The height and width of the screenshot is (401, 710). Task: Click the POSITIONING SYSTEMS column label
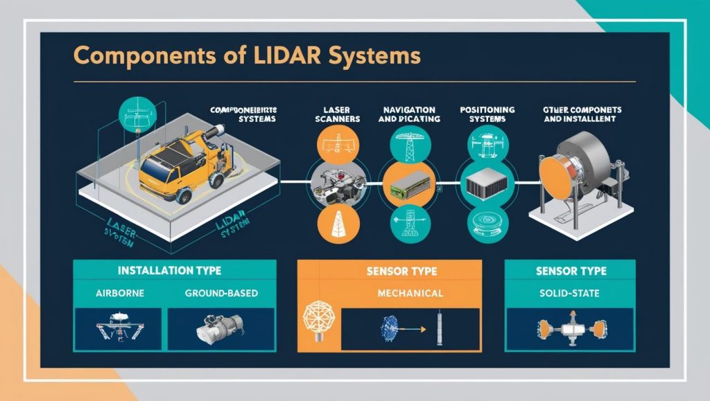(x=487, y=114)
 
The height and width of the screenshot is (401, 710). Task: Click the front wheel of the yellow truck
(x=184, y=195)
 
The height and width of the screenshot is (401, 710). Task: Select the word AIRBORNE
(x=119, y=293)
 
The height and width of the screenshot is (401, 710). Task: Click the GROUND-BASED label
(x=221, y=293)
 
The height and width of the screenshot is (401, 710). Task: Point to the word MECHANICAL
(x=410, y=293)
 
